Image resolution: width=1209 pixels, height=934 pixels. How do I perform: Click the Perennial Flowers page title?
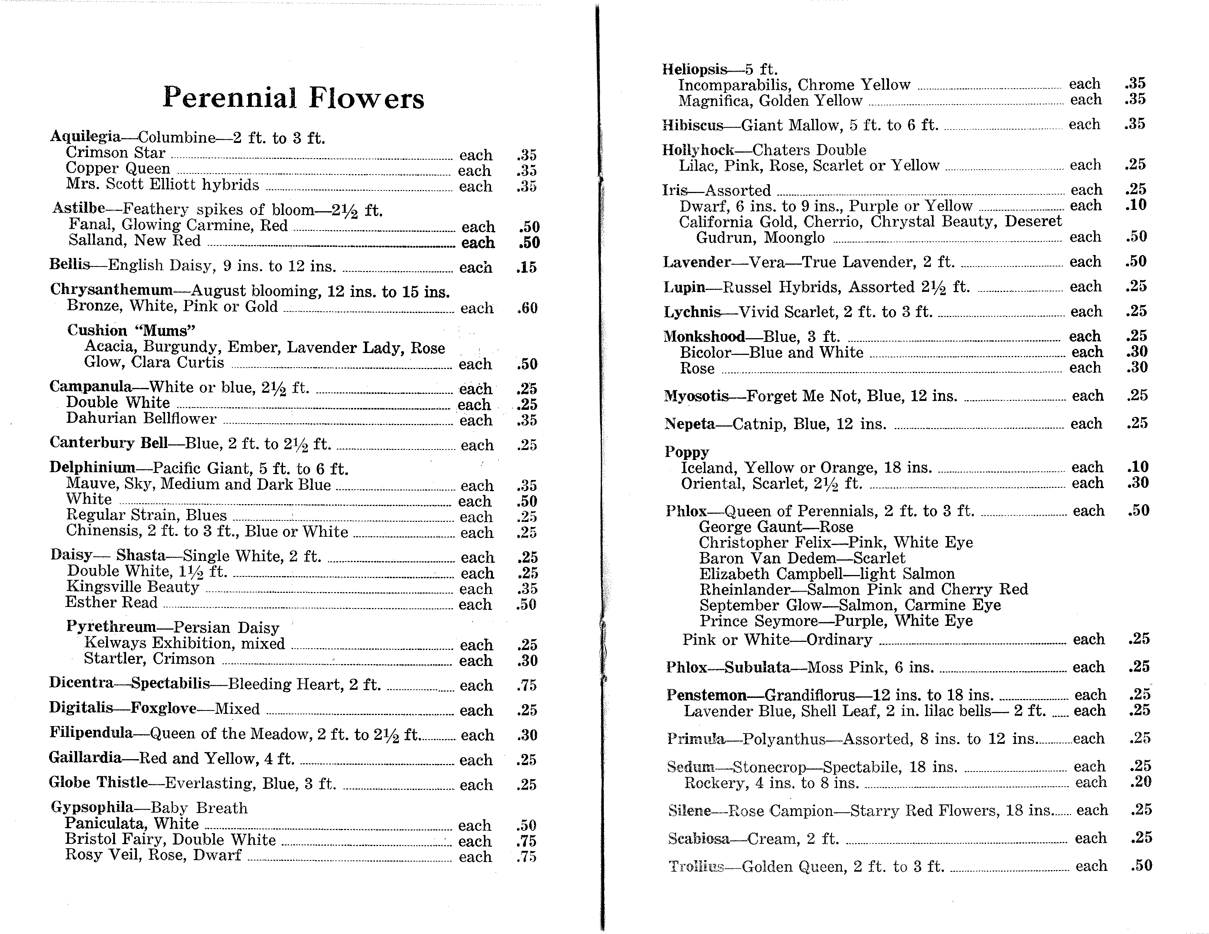click(293, 98)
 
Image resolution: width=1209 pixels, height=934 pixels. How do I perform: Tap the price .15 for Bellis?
click(527, 268)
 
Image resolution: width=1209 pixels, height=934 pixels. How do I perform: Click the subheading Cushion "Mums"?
click(131, 331)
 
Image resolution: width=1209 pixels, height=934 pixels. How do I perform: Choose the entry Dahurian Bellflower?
click(141, 418)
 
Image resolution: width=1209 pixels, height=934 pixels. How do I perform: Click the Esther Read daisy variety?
click(111, 603)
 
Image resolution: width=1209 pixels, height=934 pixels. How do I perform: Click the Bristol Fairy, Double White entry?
click(170, 840)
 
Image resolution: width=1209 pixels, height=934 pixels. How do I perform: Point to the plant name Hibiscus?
click(692, 125)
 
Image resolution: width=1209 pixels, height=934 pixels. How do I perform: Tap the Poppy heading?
click(686, 452)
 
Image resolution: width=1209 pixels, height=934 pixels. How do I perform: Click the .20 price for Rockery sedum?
click(1140, 782)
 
